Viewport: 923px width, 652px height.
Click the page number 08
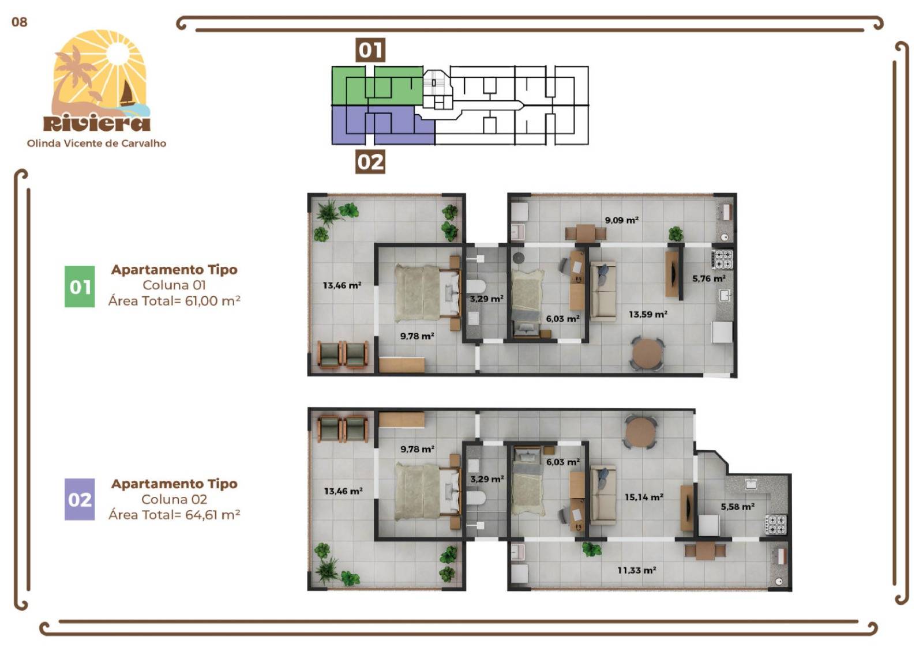coord(19,22)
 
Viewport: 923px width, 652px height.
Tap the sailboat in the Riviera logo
coord(127,93)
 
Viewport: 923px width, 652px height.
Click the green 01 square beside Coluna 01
coord(80,287)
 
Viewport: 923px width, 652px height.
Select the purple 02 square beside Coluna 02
coord(80,499)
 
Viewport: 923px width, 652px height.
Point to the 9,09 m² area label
coord(621,220)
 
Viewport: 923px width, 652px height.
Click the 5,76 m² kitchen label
coord(708,278)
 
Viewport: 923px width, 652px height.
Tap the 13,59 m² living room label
coord(648,314)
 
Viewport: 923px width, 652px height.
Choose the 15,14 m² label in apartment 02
coord(644,497)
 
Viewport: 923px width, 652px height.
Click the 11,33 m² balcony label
coord(636,570)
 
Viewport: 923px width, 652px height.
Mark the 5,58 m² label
coord(737,507)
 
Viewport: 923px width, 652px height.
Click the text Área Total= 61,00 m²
coord(174,301)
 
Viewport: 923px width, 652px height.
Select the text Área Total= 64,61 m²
coord(174,515)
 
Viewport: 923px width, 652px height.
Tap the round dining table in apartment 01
coord(647,353)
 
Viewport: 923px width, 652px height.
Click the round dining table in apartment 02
coord(640,432)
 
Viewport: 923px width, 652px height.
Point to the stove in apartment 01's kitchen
coord(723,259)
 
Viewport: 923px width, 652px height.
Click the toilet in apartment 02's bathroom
coord(476,498)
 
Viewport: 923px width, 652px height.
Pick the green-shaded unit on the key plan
coord(378,85)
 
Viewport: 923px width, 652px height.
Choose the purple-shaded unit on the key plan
coord(381,126)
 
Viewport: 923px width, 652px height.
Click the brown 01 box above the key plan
coord(370,50)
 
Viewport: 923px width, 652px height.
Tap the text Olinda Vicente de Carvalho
coord(96,144)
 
